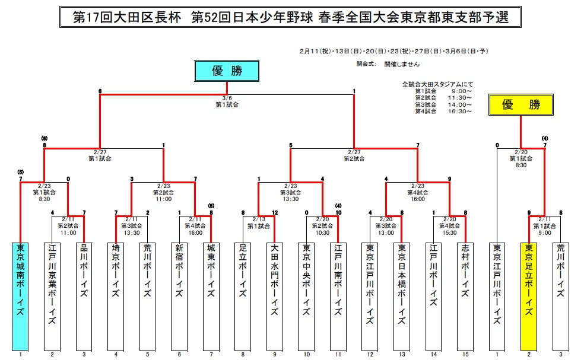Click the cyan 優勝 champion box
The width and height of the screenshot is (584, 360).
tap(227, 71)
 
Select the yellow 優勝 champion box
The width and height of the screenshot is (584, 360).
tap(520, 105)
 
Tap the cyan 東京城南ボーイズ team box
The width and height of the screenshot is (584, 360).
tap(21, 296)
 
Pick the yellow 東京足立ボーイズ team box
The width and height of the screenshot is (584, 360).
tap(528, 296)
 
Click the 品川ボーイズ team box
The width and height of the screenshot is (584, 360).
tap(84, 296)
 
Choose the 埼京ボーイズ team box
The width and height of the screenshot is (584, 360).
tap(116, 296)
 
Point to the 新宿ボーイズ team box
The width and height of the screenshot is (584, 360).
tap(179, 296)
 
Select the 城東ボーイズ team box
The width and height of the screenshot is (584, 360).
tap(211, 296)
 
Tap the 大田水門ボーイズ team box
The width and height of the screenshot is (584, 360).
tap(274, 296)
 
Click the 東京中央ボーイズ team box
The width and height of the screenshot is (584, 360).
tap(306, 296)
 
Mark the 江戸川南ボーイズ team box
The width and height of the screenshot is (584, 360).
tap(338, 296)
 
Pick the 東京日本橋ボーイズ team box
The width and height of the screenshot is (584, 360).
tap(401, 296)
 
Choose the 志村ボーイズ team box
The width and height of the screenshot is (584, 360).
tap(465, 296)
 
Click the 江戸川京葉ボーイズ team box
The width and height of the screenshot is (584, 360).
tap(52, 296)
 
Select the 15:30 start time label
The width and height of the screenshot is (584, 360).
tap(449, 233)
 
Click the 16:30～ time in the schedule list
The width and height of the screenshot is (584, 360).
tap(461, 111)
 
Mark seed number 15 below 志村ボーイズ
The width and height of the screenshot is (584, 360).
tap(465, 355)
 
